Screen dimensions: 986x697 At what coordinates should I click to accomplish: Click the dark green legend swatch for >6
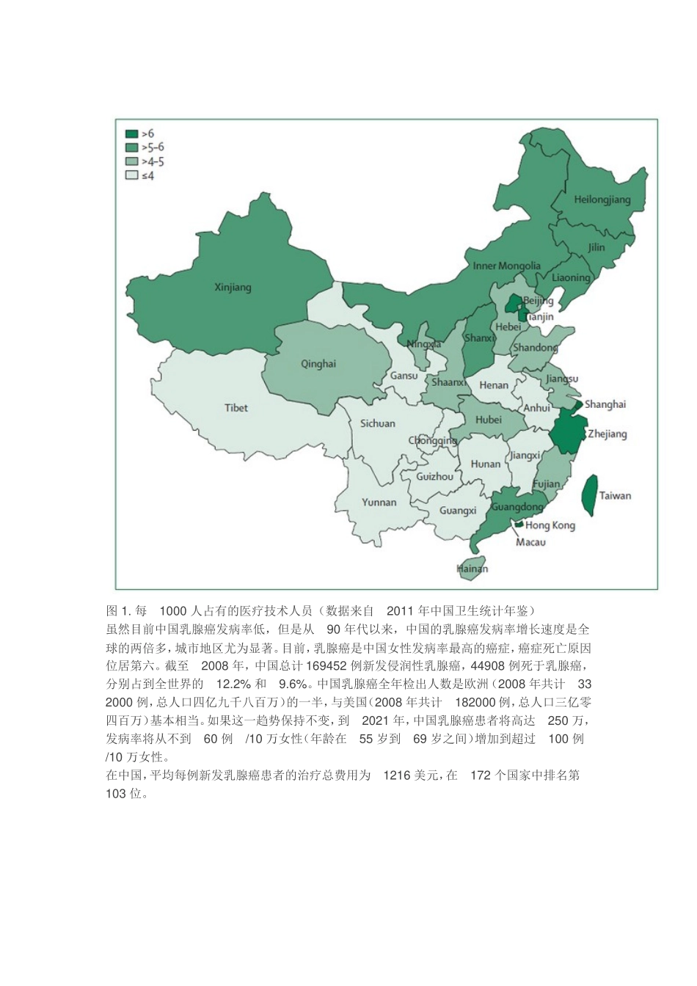131,134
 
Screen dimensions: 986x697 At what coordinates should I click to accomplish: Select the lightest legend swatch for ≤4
131,176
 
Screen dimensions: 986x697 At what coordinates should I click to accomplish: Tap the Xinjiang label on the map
233,288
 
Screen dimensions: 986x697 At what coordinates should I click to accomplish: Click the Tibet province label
236,408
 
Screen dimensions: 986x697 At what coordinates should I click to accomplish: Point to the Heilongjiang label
602,200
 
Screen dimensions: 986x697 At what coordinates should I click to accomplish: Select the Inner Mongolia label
506,266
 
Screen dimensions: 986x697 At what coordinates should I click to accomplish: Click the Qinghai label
318,364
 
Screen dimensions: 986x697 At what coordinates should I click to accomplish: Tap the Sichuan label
377,423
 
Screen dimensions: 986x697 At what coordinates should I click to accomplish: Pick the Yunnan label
379,503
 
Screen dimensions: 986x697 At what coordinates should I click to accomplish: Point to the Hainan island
472,569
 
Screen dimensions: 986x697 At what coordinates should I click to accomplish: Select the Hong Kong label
550,525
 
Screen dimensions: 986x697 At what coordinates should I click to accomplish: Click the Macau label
530,542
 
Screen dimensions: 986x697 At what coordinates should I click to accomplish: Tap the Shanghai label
605,404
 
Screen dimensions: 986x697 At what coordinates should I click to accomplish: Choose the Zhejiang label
607,434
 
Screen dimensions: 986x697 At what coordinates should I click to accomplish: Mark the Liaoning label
571,277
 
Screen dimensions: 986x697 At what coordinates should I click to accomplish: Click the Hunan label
485,464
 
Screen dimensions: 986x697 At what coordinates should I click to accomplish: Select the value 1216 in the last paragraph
398,775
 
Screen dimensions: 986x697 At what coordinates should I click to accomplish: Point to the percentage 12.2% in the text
234,684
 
